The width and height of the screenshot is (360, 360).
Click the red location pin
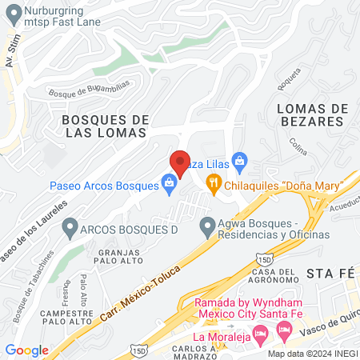[180, 164]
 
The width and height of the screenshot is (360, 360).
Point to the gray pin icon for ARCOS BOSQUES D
[69, 228]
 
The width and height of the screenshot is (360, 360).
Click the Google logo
[27, 350]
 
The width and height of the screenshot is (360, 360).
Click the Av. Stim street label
[11, 52]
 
